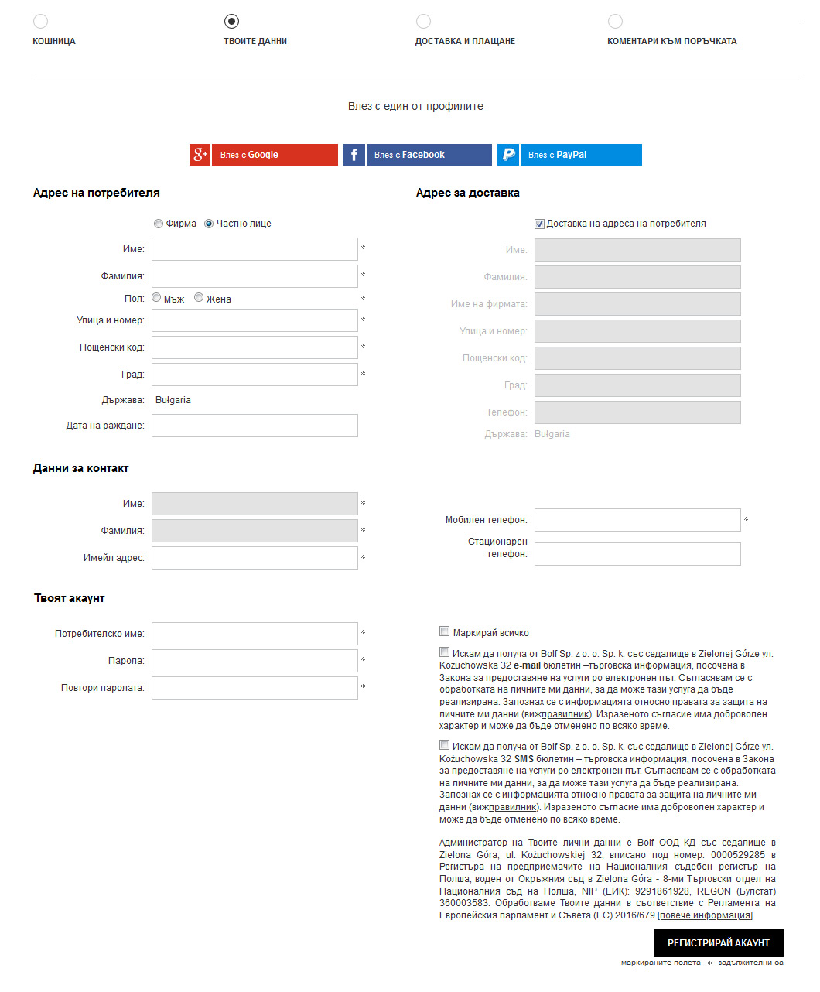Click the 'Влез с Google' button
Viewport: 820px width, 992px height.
pos(264,155)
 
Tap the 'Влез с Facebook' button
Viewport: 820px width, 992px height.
pos(418,155)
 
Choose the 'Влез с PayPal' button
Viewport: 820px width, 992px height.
pos(569,155)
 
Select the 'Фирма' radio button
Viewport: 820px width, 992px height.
pos(159,224)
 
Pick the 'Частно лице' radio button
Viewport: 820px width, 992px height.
pos(209,224)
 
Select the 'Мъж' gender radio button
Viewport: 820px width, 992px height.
pos(156,298)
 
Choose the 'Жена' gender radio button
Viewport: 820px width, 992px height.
pos(199,298)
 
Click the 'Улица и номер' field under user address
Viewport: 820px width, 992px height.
pos(255,320)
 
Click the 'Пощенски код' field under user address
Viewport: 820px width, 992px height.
pos(255,347)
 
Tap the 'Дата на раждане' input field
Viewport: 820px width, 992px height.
pos(255,426)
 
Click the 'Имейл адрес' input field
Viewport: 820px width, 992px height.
pos(255,558)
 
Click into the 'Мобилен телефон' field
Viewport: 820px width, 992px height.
pos(637,520)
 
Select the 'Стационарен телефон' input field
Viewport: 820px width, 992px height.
pos(637,554)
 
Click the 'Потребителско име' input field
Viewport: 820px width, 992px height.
pos(255,634)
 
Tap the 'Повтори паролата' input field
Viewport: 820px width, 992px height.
pos(255,688)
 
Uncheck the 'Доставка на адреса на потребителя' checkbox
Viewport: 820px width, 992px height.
pos(539,224)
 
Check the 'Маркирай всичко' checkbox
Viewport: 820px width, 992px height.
pos(445,631)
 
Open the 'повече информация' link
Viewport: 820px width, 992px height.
pos(705,915)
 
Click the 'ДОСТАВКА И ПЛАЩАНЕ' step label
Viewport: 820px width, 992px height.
pos(465,41)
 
